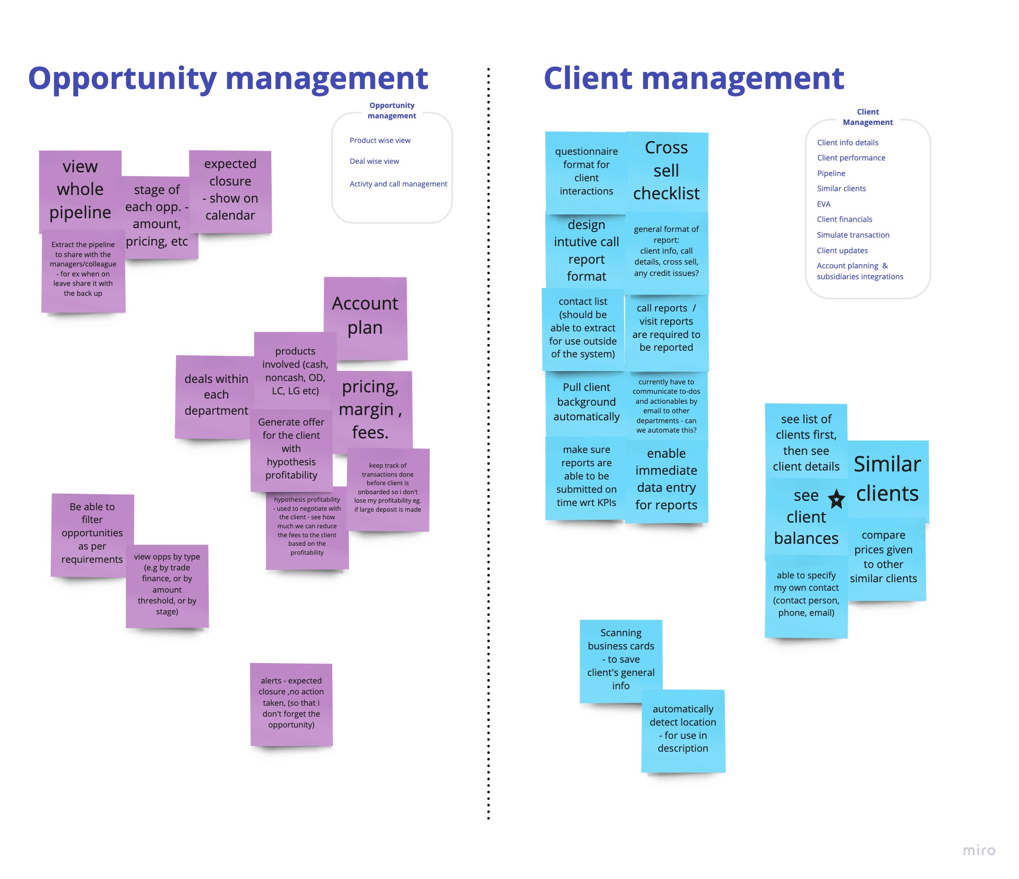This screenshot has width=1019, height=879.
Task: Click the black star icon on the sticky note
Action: pos(836,499)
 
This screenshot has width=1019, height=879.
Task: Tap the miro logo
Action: pos(979,850)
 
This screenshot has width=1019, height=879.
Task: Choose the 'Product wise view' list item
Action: pos(380,140)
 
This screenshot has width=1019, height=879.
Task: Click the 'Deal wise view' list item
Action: pos(374,161)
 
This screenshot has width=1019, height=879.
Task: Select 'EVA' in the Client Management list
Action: pos(823,204)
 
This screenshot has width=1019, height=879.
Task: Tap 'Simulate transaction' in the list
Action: pos(853,235)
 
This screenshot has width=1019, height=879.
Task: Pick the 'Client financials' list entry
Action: pos(844,219)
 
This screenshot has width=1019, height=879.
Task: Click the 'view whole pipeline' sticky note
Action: pos(80,189)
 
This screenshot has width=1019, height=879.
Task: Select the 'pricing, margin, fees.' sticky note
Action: pos(370,409)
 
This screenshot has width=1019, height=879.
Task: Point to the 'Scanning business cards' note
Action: pos(620,658)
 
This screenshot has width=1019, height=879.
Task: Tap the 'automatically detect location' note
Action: pos(682,728)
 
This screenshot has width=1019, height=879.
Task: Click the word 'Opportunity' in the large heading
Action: pos(122,79)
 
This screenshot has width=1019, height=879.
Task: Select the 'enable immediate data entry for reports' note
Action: pos(666,479)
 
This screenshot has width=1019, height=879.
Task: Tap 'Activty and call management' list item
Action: pos(399,184)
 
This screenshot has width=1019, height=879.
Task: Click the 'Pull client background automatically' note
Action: pos(586,402)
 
